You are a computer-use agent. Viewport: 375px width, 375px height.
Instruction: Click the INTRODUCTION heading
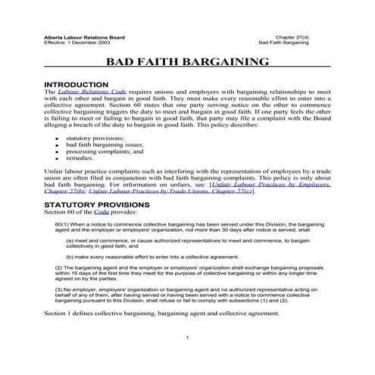coord(82,83)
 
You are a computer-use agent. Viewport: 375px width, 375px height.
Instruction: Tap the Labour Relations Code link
coord(92,92)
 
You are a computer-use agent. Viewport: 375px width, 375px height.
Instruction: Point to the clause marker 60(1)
coord(64,226)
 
